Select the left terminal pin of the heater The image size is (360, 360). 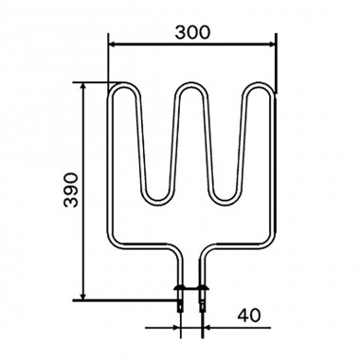coord(179,303)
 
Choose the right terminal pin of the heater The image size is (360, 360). coord(201,303)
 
